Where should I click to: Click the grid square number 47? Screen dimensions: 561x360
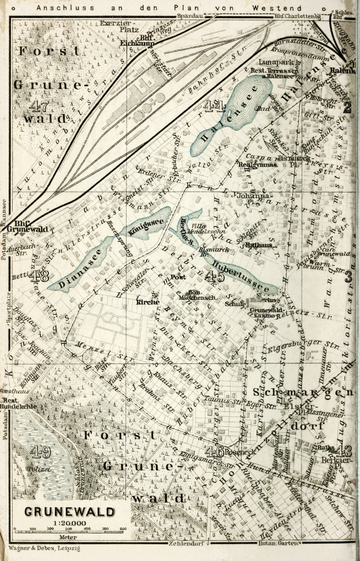click(x=39, y=107)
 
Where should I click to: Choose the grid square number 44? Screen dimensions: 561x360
click(x=214, y=106)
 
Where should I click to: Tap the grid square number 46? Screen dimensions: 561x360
click(x=215, y=450)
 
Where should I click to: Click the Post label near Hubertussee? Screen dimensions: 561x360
click(x=177, y=278)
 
